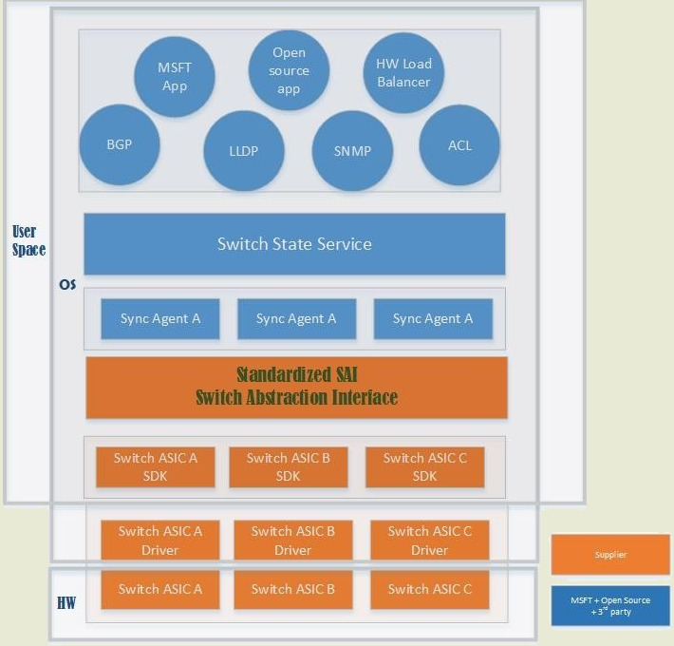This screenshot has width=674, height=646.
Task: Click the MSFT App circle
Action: (x=175, y=77)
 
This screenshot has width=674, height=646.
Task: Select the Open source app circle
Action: (x=289, y=70)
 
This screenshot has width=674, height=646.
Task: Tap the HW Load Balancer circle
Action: (x=403, y=73)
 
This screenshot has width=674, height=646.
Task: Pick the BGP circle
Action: (x=120, y=145)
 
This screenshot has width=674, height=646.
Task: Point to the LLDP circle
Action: (x=244, y=150)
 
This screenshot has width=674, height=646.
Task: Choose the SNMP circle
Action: (x=352, y=150)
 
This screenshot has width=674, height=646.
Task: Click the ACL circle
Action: (x=459, y=145)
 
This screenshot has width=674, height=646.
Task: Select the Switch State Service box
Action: (x=294, y=244)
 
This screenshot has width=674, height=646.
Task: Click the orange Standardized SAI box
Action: (x=296, y=388)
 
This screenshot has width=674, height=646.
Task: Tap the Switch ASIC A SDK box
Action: (x=155, y=466)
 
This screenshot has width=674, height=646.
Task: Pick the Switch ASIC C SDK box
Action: (x=424, y=466)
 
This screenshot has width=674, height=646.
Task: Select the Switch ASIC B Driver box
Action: (x=292, y=540)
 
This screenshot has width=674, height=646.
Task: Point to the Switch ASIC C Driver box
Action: (x=429, y=540)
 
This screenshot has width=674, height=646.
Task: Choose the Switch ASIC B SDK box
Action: (x=288, y=466)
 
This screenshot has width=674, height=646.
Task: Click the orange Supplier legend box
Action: (x=609, y=555)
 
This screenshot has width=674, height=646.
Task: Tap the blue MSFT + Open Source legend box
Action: (x=609, y=606)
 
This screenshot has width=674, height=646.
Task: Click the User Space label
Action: (x=28, y=241)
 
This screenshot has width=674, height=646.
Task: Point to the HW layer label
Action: (x=66, y=603)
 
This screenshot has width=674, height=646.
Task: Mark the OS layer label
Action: (x=67, y=285)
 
